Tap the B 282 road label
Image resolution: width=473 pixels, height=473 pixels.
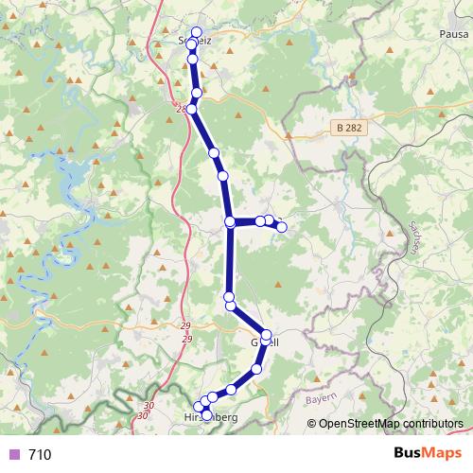[348, 126]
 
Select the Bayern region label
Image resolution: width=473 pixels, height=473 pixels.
[322, 402]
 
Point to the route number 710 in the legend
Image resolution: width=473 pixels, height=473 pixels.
[40, 455]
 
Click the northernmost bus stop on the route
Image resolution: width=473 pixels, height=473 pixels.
[196, 32]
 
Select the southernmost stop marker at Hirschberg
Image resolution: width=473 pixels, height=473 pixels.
[207, 415]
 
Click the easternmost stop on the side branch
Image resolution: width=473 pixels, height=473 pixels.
[280, 224]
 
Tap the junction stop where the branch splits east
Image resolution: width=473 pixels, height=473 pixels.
[230, 221]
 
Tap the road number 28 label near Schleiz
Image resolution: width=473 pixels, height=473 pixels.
[180, 109]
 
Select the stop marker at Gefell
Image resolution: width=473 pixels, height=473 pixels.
[266, 335]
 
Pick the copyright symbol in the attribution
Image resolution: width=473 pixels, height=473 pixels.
[313, 423]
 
